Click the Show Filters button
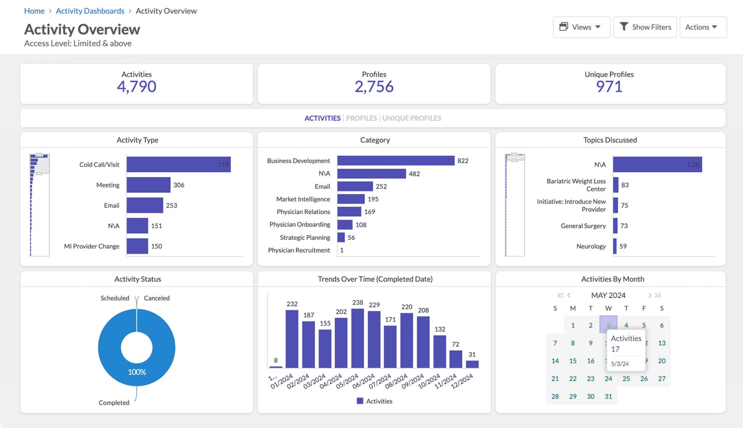645,27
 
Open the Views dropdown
580,27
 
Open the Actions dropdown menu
702,27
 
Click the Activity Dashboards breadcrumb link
90,11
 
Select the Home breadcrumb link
34,11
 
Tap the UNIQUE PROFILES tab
412,118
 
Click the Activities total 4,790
136,87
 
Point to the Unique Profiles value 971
609,87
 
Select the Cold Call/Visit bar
178,164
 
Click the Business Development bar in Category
396,161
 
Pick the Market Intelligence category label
303,199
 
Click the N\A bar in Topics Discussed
657,164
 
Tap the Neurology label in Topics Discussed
591,246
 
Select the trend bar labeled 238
357,338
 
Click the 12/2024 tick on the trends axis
462,381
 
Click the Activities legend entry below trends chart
374,401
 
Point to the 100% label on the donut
137,372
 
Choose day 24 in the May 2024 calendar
608,379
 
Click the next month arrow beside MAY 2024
649,295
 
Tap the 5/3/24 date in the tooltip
620,364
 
